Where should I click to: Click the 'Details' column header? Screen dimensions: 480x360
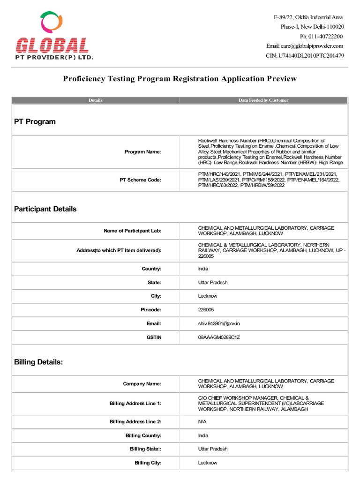pos(95,100)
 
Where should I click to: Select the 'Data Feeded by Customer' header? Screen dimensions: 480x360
pos(263,100)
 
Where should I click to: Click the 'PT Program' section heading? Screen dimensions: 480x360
pos(35,121)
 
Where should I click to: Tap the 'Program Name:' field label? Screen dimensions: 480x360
pos(143,152)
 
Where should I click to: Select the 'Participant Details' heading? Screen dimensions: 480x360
pos(45,209)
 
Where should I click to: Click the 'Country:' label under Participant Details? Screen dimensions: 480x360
pos(151,269)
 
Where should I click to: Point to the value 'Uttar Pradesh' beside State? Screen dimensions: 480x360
pos(213,283)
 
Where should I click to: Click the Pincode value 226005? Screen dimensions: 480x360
pos(206,310)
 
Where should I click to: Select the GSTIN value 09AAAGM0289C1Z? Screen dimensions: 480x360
pos(219,337)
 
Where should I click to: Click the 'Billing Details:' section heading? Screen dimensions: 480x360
pos(38,362)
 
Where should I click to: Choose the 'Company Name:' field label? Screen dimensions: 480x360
pos(142,384)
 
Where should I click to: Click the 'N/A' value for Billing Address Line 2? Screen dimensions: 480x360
pos(202,421)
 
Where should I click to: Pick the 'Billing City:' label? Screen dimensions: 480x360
pos(148,463)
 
